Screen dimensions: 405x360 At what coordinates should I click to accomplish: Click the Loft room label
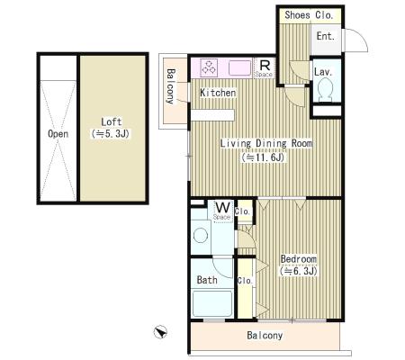point(112,122)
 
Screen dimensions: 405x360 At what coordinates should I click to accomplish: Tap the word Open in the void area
point(58,134)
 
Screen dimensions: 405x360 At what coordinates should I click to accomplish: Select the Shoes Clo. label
point(309,14)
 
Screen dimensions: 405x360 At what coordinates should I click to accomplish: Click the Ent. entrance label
point(326,36)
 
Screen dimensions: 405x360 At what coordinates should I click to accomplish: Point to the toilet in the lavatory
point(326,88)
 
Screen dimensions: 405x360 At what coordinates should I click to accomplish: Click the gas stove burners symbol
point(209,67)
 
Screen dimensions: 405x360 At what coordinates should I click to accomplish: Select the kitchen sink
point(239,67)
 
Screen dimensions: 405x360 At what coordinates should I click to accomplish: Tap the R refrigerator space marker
point(265,65)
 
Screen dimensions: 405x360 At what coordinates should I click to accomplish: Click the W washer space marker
point(223,207)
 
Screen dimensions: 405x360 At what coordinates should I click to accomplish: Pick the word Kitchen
point(218,93)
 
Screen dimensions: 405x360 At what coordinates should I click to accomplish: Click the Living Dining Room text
point(266,143)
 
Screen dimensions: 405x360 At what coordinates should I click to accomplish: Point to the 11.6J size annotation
point(263,157)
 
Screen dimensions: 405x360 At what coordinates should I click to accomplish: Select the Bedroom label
point(299,259)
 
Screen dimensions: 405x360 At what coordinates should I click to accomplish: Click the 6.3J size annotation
point(299,271)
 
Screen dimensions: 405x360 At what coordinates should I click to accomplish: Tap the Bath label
point(207,280)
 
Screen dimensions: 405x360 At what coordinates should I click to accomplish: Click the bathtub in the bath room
point(212,303)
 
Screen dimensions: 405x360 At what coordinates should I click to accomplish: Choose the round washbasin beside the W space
point(201,235)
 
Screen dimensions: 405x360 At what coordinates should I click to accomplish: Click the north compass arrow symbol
point(160,332)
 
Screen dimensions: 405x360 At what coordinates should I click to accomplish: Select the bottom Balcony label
point(265,335)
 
